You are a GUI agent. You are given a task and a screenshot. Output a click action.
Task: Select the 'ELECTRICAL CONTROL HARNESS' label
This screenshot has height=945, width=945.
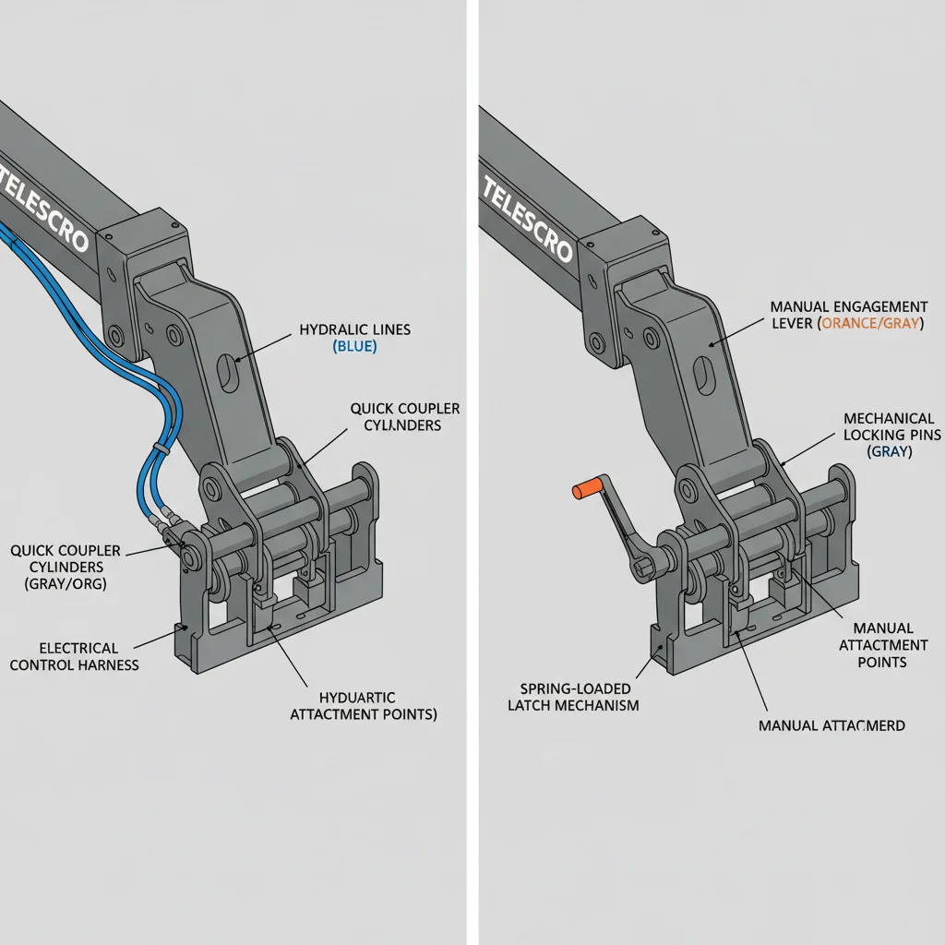pyautogui.click(x=73, y=656)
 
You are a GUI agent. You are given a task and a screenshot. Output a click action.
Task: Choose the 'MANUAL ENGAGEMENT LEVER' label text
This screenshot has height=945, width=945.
pyautogui.click(x=847, y=315)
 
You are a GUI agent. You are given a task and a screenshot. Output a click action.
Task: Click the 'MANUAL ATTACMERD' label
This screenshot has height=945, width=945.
pyautogui.click(x=831, y=725)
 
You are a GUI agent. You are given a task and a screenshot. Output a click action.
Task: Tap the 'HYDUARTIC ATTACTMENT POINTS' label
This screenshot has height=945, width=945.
pyautogui.click(x=364, y=706)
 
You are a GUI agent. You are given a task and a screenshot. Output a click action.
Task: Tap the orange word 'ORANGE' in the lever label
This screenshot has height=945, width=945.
pyautogui.click(x=851, y=324)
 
